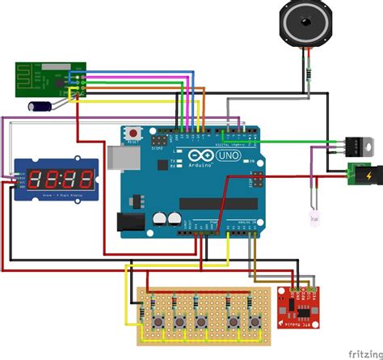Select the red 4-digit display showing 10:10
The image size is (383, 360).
pyautogui.click(x=57, y=180)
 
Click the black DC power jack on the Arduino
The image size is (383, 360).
pyautogui.click(x=130, y=223)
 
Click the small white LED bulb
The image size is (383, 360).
pyautogui.click(x=314, y=217)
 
